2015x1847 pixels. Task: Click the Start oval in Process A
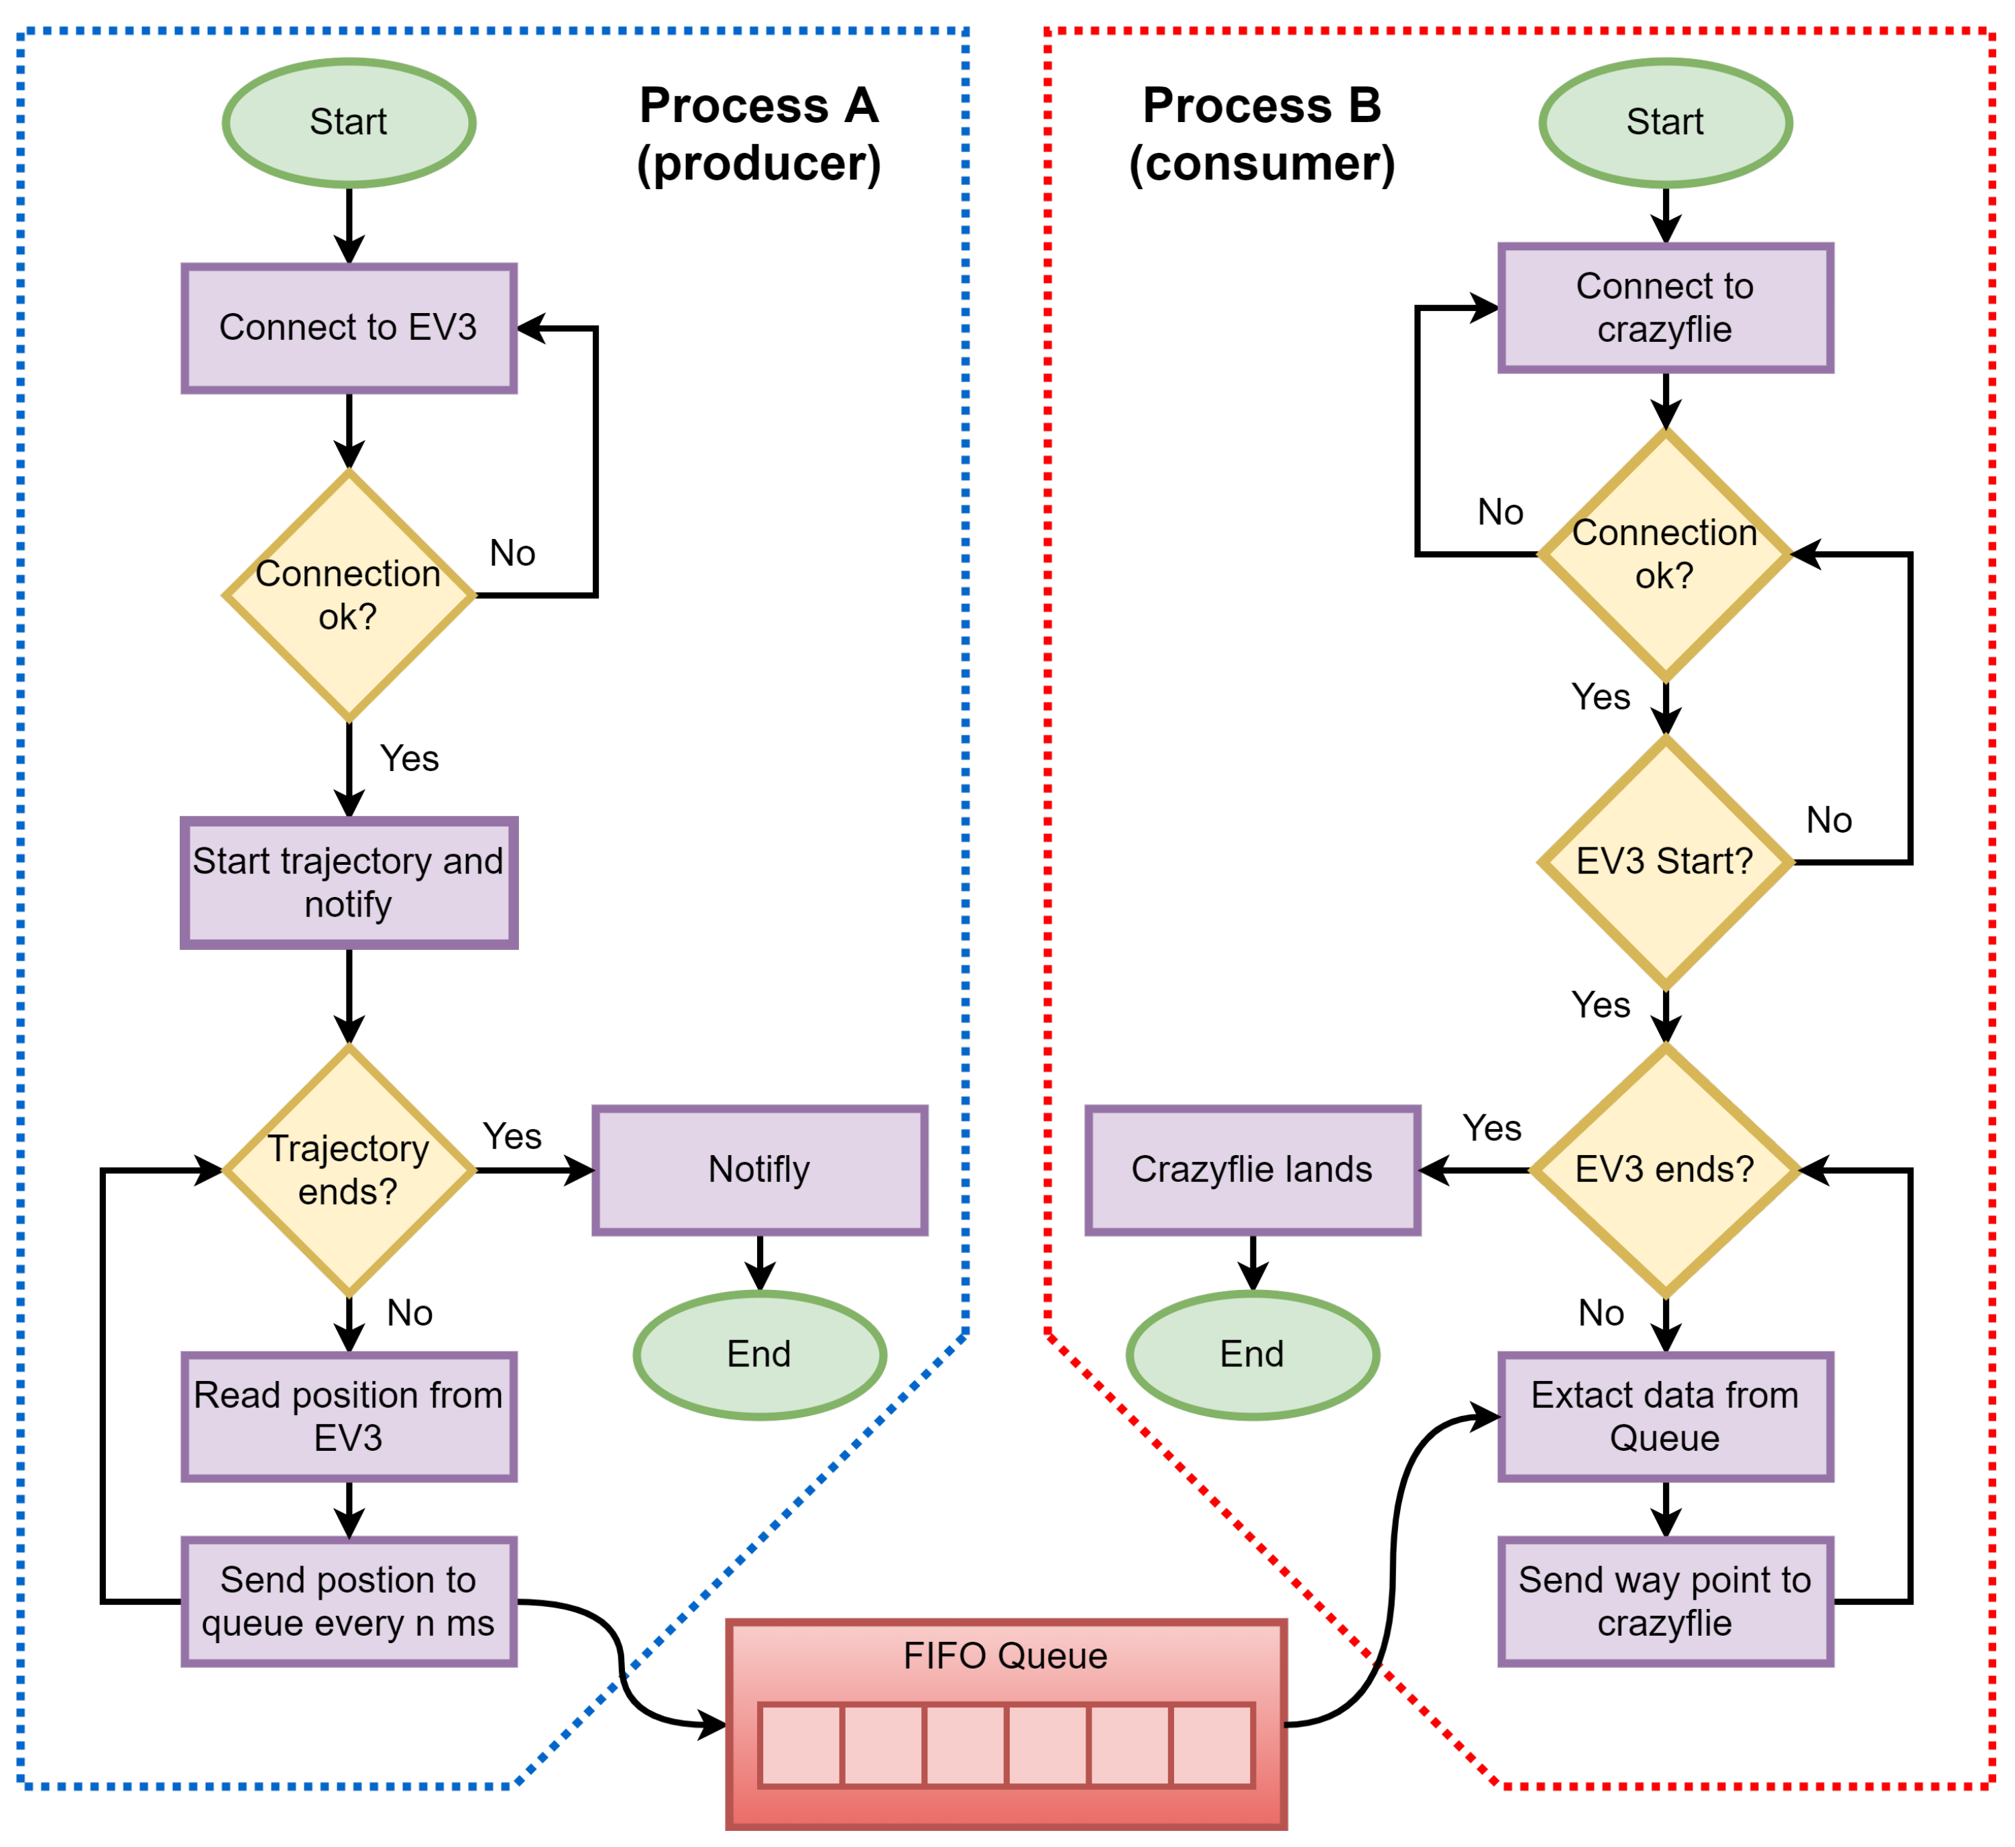pyautogui.click(x=349, y=123)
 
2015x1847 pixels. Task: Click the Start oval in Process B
pyautogui.click(x=1665, y=123)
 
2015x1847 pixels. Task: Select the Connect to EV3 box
pyautogui.click(x=349, y=328)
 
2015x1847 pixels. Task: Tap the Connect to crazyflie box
pyautogui.click(x=1665, y=308)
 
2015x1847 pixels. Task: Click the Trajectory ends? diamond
pyautogui.click(x=349, y=1171)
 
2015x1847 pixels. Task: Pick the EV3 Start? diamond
pyautogui.click(x=1665, y=861)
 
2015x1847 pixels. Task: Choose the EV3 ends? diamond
pyautogui.click(x=1665, y=1171)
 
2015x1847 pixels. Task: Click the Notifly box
pyautogui.click(x=760, y=1171)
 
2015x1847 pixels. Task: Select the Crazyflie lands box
pyautogui.click(x=1253, y=1171)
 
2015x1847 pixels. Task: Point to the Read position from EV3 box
pyautogui.click(x=349, y=1417)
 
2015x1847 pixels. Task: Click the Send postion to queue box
pyautogui.click(x=349, y=1602)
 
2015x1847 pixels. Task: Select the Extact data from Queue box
pyautogui.click(x=1665, y=1417)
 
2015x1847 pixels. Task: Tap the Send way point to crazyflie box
pyautogui.click(x=1665, y=1602)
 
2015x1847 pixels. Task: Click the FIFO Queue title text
pyautogui.click(x=1006, y=1656)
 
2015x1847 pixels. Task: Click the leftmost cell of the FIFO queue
pyautogui.click(x=801, y=1745)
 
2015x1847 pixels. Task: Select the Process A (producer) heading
pyautogui.click(x=760, y=134)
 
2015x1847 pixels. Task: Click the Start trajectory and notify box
pyautogui.click(x=349, y=882)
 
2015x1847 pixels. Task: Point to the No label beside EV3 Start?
pyautogui.click(x=1829, y=821)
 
